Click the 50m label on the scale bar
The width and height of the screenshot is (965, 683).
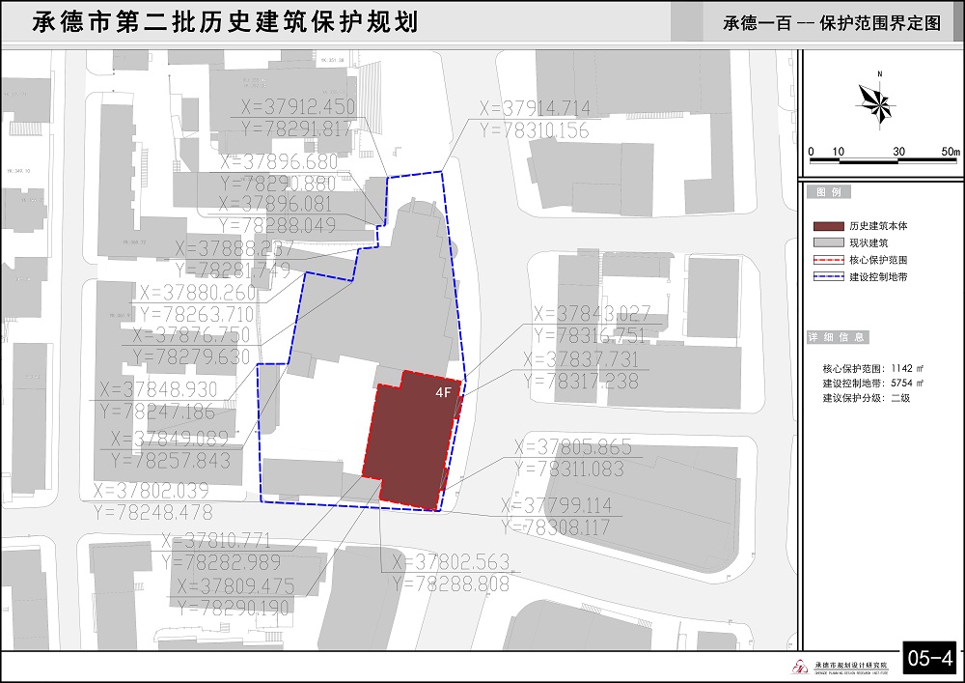[x=950, y=152]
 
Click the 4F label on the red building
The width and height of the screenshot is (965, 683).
[x=444, y=393]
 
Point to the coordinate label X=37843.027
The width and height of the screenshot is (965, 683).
[x=593, y=313]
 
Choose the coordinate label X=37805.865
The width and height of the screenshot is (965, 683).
[x=573, y=447]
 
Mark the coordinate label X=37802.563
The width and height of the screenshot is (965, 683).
[x=450, y=562]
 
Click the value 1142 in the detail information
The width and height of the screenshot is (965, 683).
[x=901, y=368]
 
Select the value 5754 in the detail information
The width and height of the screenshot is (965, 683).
[x=901, y=383]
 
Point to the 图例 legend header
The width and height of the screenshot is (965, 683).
[x=829, y=193]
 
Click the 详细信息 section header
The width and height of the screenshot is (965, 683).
[x=837, y=337]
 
